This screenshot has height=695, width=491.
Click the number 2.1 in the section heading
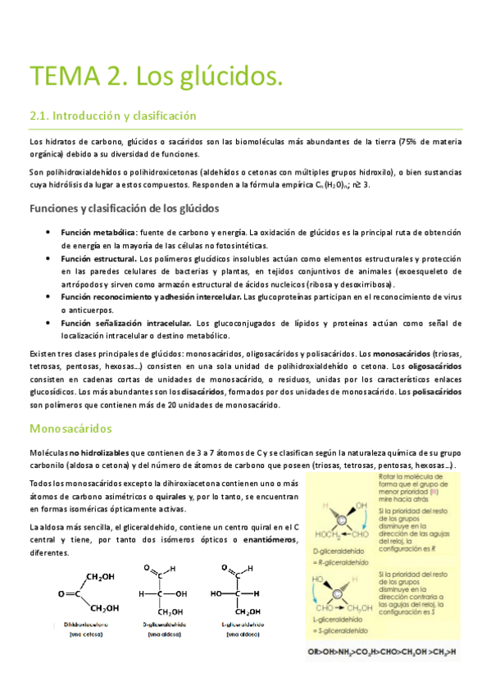41,116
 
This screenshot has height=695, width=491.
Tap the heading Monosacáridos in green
70,428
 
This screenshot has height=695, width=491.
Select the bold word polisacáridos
438,391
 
